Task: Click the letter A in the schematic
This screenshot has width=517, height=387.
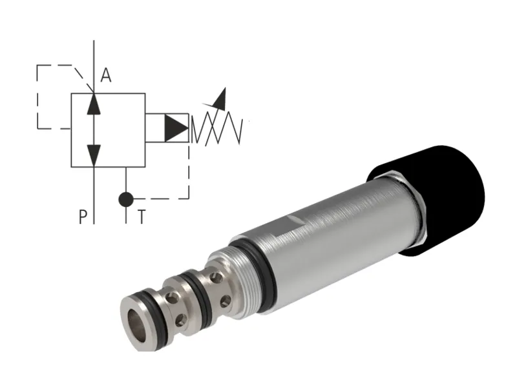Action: click(x=106, y=76)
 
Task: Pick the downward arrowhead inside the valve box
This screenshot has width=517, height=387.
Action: click(x=94, y=154)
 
